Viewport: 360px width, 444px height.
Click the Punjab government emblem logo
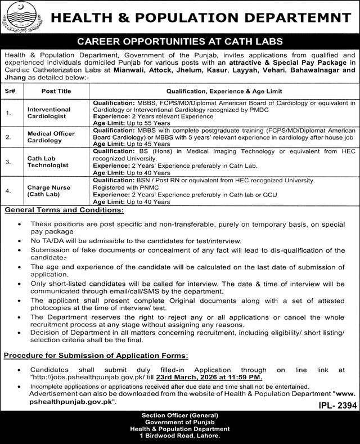19,17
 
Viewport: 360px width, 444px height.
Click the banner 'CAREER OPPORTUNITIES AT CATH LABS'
179,41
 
